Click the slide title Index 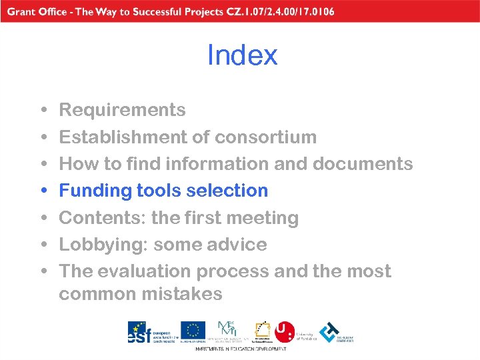tap(242, 55)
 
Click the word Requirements tap(123, 110)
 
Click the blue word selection tap(227, 191)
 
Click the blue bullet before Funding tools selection tap(43, 191)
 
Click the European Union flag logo tap(193, 331)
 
